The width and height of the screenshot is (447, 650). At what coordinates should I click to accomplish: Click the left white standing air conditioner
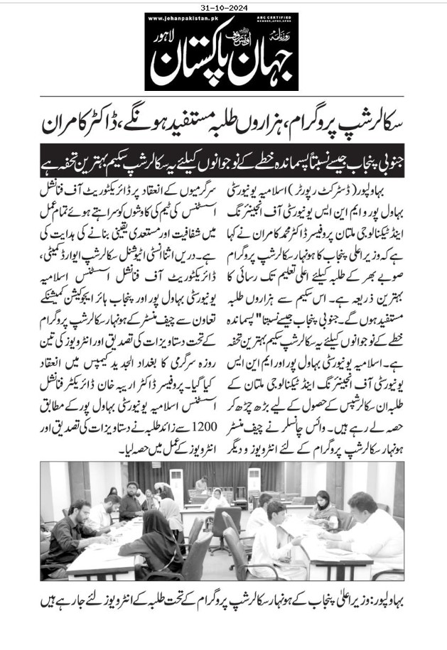click(176, 490)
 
